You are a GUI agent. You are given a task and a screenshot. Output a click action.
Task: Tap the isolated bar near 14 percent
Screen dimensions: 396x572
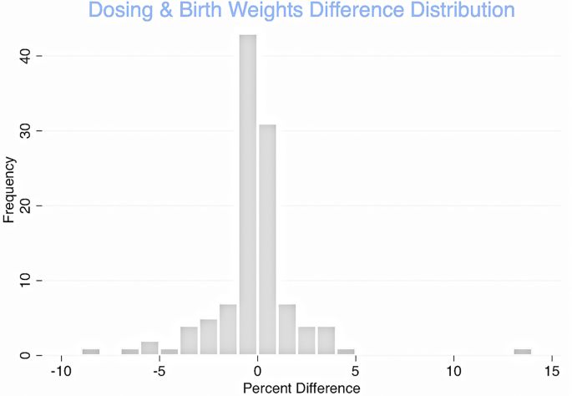coord(523,352)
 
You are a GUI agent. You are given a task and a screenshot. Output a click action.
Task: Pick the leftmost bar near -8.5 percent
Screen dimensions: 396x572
coord(91,352)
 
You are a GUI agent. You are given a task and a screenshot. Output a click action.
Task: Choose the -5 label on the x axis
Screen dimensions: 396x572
coord(159,371)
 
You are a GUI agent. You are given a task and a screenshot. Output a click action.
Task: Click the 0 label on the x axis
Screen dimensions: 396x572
coord(258,371)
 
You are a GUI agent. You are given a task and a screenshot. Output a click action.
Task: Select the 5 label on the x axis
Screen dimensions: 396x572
coord(357,371)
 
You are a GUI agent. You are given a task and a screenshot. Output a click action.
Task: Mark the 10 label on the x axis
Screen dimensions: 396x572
coord(454,371)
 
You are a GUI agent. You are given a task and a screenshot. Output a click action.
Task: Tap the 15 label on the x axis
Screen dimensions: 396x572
coord(552,371)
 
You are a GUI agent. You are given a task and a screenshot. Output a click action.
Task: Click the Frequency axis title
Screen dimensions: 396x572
coord(9,190)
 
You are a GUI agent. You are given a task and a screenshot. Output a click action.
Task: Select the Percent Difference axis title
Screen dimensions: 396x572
coord(301,388)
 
